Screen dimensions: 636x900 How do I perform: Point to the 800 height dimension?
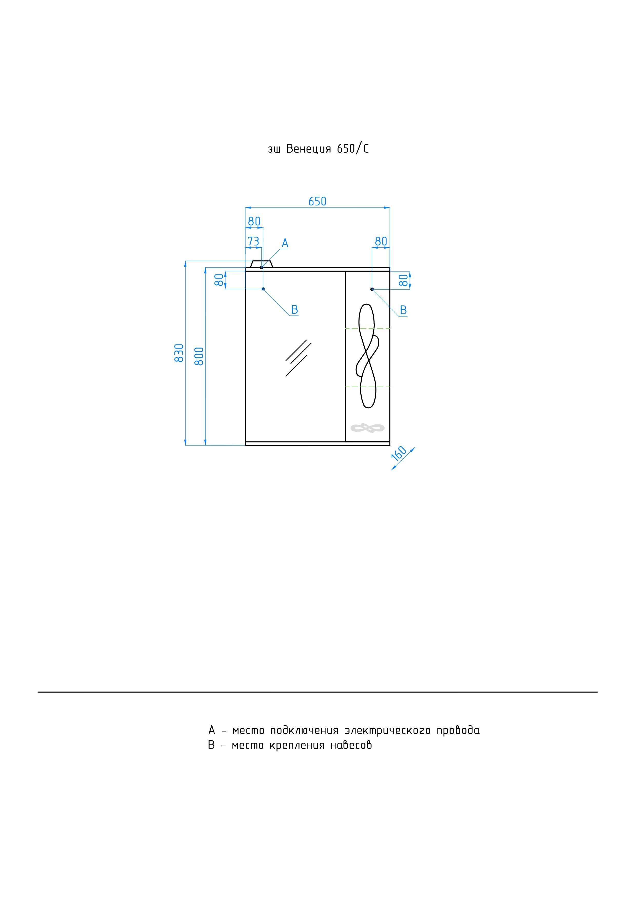coord(200,356)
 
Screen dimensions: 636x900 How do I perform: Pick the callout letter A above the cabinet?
coord(285,243)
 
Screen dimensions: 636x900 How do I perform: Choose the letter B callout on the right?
coord(403,310)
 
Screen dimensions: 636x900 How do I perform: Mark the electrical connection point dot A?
coord(261,267)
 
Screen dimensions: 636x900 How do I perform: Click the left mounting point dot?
coord(263,289)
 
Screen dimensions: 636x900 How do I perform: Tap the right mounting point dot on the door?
coord(372,289)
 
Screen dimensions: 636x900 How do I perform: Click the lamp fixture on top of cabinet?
coord(261,264)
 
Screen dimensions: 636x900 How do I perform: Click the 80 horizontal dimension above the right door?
coord(381,241)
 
